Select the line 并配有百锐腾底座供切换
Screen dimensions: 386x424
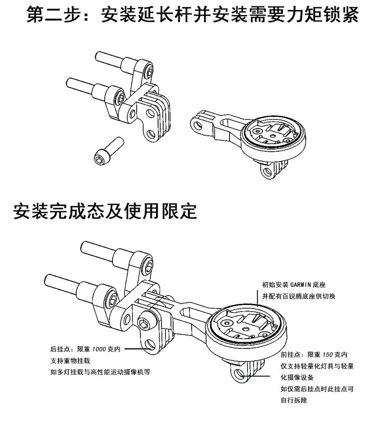pyautogui.click(x=299, y=296)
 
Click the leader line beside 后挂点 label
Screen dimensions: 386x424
pyautogui.click(x=141, y=349)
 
